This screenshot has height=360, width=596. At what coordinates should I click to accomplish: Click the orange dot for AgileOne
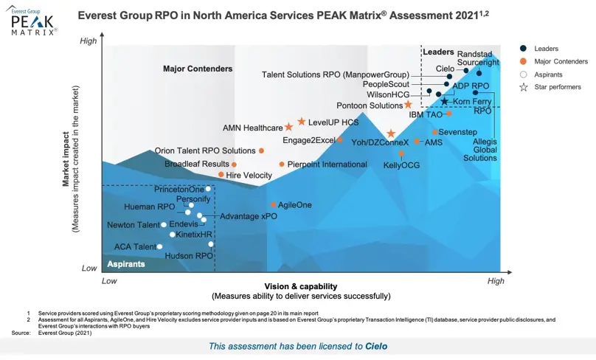coord(274,205)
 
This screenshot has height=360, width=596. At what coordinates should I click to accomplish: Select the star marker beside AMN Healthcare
coord(289,128)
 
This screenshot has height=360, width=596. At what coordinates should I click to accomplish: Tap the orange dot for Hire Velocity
coord(221,175)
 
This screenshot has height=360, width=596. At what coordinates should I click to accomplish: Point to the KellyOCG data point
coord(401,154)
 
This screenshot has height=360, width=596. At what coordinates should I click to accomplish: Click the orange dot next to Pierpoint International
coord(282,165)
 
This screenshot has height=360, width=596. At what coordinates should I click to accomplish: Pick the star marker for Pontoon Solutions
coord(408,105)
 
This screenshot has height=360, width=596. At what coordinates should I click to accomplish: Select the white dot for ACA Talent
coord(160,246)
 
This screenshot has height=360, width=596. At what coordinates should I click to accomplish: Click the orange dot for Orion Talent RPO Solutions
coord(261,150)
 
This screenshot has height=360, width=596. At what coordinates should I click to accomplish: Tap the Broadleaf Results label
coord(197,164)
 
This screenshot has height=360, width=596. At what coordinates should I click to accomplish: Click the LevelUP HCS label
coord(333,122)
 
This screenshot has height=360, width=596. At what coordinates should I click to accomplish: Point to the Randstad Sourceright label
coord(478,59)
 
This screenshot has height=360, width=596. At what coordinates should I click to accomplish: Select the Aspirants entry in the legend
coord(549,75)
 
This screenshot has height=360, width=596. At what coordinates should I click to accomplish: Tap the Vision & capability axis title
coord(300,286)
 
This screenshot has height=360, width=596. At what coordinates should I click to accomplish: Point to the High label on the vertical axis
coord(89,41)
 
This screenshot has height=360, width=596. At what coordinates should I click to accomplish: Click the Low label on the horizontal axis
coord(109,281)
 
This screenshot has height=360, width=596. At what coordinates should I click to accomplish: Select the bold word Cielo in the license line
coord(375,346)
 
